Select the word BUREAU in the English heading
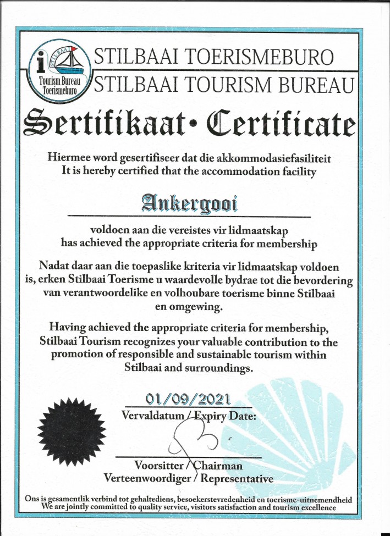tap(304, 84)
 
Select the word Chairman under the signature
tap(219, 466)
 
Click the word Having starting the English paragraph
tap(69, 328)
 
